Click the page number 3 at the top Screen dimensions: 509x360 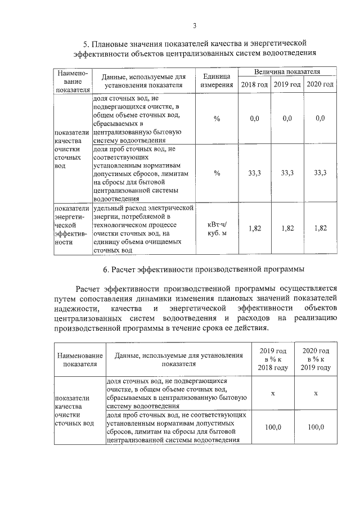194,25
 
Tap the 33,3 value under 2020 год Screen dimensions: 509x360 320,173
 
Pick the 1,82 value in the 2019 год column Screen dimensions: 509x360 287,228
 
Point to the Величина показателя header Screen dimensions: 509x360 287,73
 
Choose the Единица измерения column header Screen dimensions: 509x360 217,80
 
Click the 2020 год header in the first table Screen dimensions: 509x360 320,84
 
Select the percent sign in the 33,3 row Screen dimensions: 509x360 217,173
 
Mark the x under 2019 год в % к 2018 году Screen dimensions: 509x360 273,393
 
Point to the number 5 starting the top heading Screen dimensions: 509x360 86,43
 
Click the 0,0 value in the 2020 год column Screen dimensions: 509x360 320,119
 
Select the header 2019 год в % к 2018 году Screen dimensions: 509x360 273,359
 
